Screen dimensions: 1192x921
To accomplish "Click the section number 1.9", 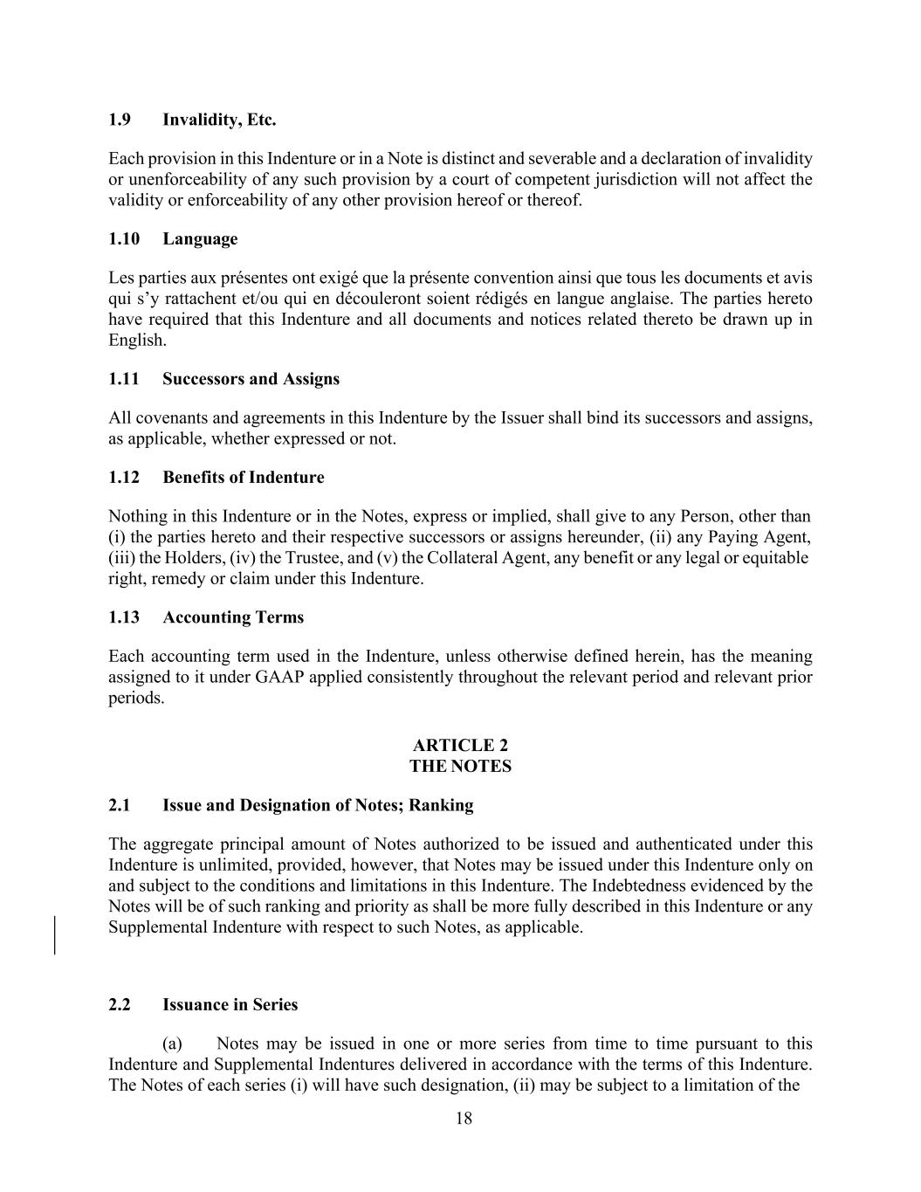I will pos(120,120).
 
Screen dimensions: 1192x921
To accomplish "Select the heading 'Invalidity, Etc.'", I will pos(219,120).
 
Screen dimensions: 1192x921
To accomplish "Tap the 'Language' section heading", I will pos(200,239).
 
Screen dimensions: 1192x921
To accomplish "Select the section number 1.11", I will pos(122,379).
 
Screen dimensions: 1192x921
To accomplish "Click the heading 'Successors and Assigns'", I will pos(251,379).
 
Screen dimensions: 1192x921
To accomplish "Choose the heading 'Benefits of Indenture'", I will pos(243,478).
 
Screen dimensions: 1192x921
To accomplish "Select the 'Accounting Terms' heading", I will pos(233,617).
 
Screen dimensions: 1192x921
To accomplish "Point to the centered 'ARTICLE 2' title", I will pos(460,745).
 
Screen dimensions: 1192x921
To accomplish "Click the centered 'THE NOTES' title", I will pos(460,767).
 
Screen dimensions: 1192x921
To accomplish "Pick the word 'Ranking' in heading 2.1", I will pos(442,805).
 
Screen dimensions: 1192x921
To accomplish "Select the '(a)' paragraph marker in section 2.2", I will pos(172,1044).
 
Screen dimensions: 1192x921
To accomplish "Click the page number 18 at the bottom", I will pos(464,1119).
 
